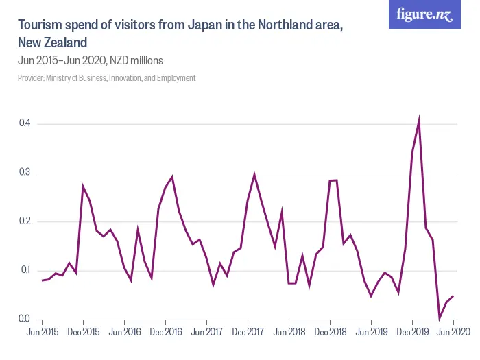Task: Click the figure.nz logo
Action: (x=425, y=15)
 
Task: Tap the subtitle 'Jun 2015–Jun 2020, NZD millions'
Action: (x=90, y=60)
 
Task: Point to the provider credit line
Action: (x=106, y=78)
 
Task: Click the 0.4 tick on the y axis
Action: (x=25, y=123)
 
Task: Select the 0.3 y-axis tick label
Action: (x=25, y=172)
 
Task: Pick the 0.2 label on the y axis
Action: (x=25, y=221)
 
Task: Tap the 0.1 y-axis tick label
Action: (x=25, y=270)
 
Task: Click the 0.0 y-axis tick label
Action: (x=25, y=319)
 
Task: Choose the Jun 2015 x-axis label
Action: (x=42, y=332)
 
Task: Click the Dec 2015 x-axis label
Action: (x=83, y=332)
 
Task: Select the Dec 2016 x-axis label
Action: (x=165, y=332)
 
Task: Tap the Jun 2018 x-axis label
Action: (x=289, y=332)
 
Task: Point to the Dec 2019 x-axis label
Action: (x=412, y=332)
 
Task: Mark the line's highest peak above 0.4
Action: (x=419, y=120)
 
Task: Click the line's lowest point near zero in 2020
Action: (x=440, y=317)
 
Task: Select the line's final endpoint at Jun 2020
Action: (x=453, y=296)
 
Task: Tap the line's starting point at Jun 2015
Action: (x=42, y=280)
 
